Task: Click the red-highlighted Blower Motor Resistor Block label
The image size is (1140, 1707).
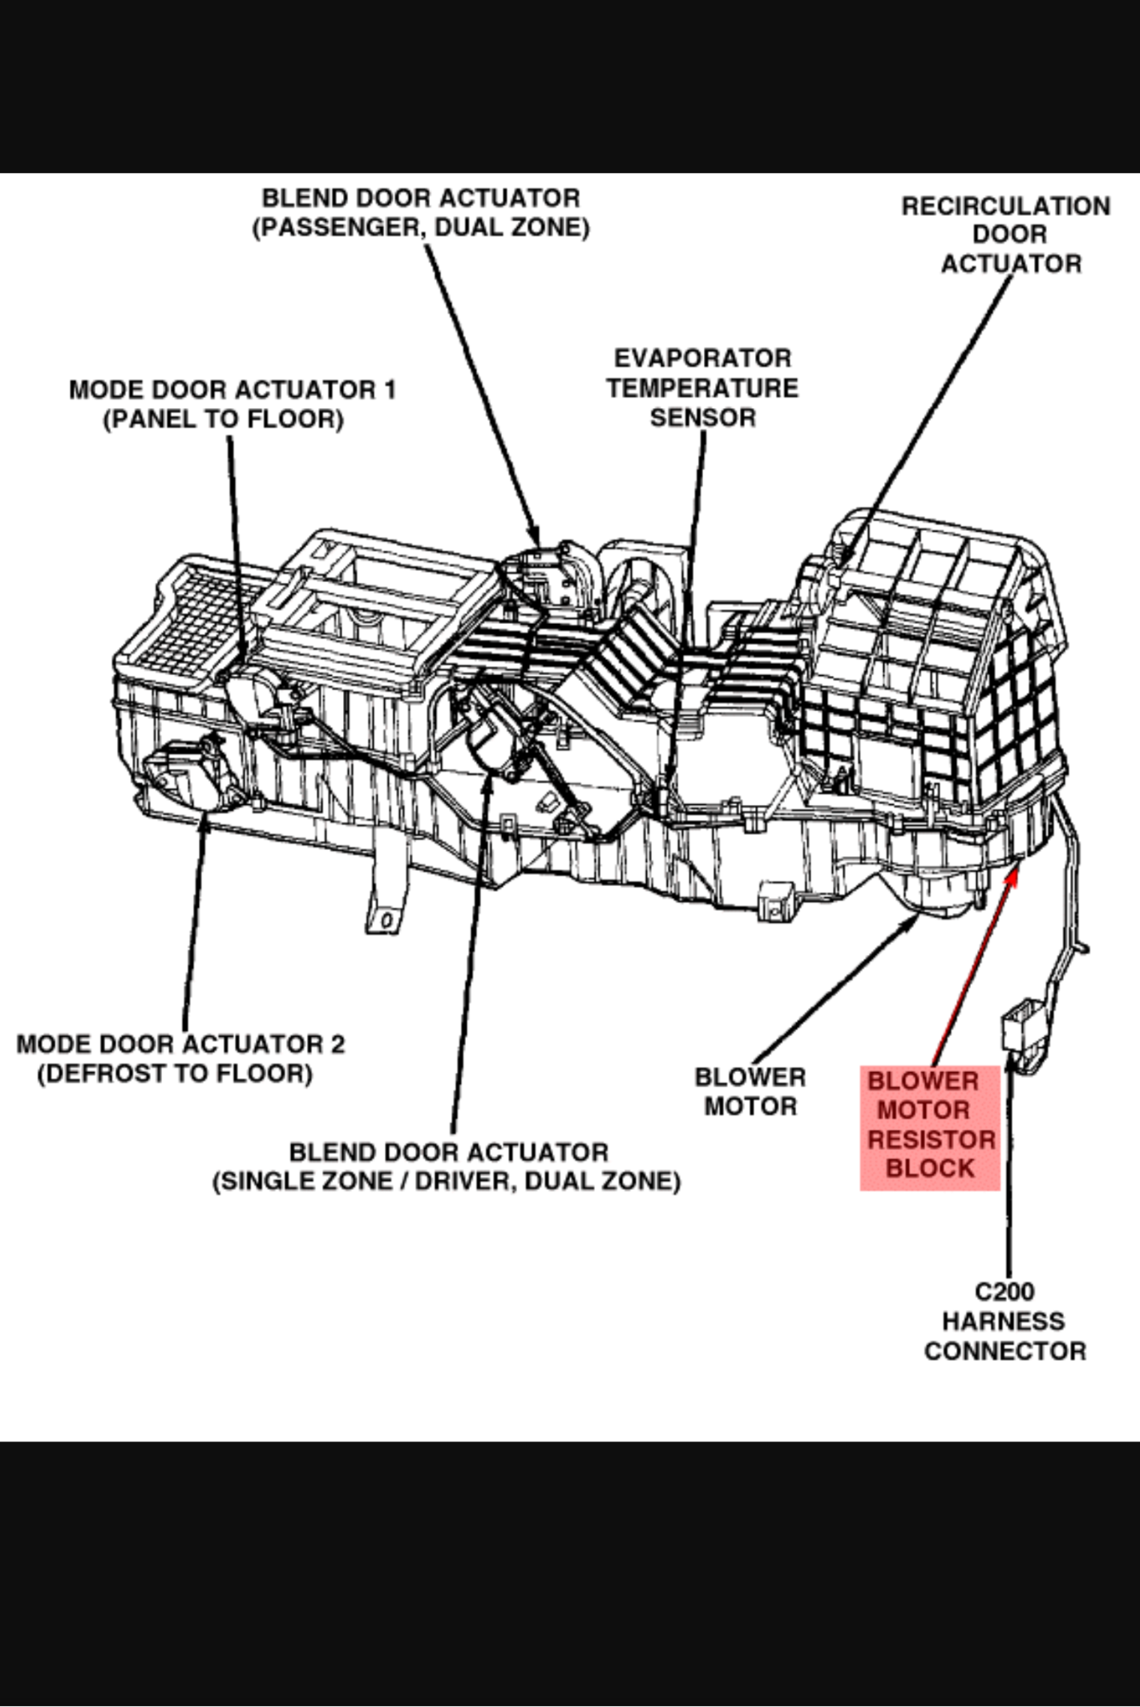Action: [930, 1126]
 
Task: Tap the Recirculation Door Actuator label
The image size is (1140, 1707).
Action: [1007, 235]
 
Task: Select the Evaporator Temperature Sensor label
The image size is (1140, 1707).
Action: [702, 387]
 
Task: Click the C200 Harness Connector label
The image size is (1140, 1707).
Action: [1004, 1321]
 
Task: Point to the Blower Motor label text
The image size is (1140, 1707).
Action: [750, 1092]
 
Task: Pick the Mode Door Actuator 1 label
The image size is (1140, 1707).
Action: [232, 404]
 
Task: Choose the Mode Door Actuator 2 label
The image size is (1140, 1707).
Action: [180, 1058]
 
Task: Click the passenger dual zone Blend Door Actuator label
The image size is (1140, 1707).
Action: [421, 213]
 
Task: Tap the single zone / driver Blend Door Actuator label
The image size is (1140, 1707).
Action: [447, 1167]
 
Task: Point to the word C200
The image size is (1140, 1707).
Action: [1004, 1291]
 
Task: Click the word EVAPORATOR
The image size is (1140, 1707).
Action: [702, 358]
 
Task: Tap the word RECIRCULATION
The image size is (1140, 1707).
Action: [1006, 207]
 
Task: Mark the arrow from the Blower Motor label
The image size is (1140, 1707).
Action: [836, 990]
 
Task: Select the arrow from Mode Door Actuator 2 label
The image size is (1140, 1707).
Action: [194, 922]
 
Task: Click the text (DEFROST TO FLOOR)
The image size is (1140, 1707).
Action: [175, 1074]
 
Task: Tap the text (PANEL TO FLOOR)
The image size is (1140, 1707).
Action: [224, 419]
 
